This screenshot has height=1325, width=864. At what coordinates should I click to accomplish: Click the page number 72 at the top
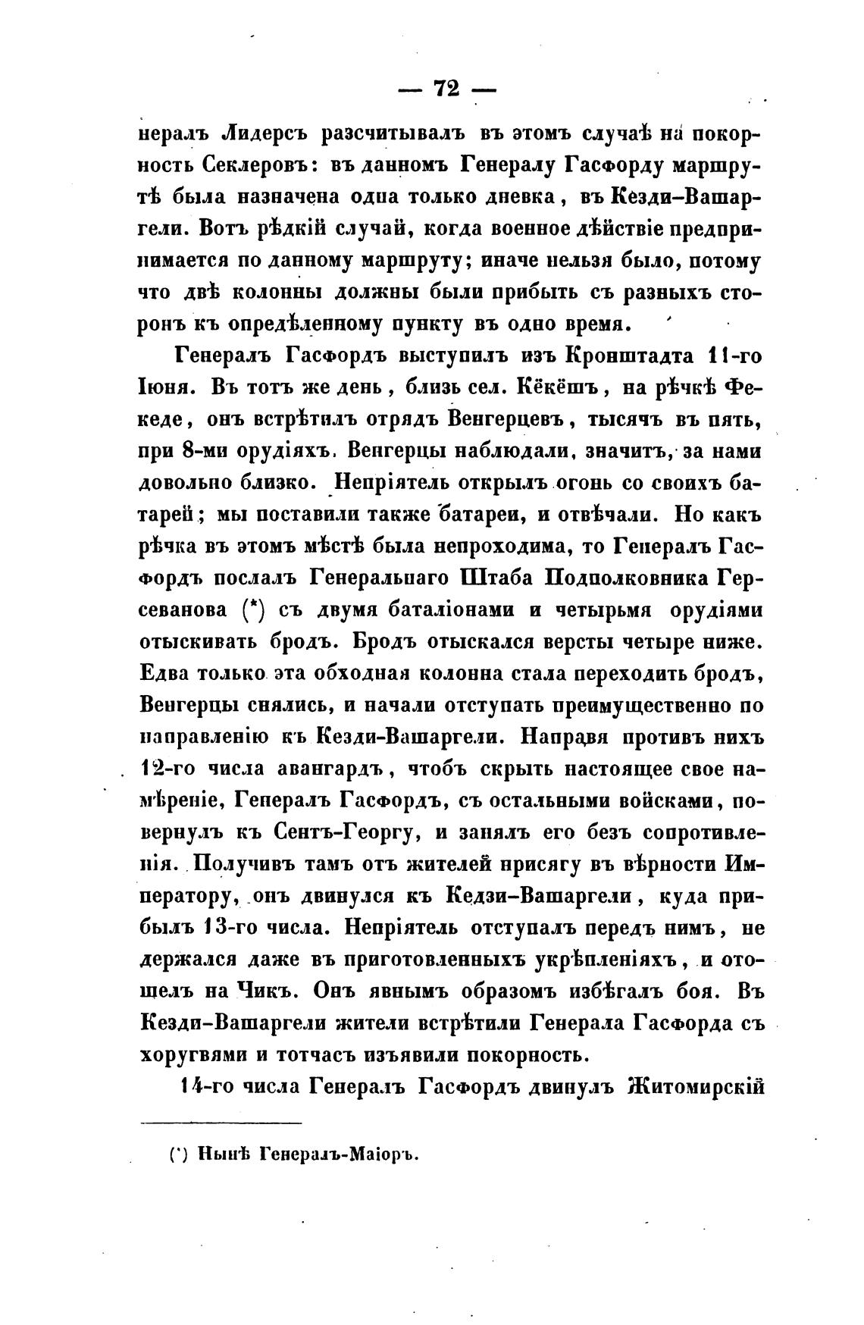tap(446, 88)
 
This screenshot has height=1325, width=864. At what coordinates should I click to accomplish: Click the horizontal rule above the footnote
tap(221, 1123)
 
